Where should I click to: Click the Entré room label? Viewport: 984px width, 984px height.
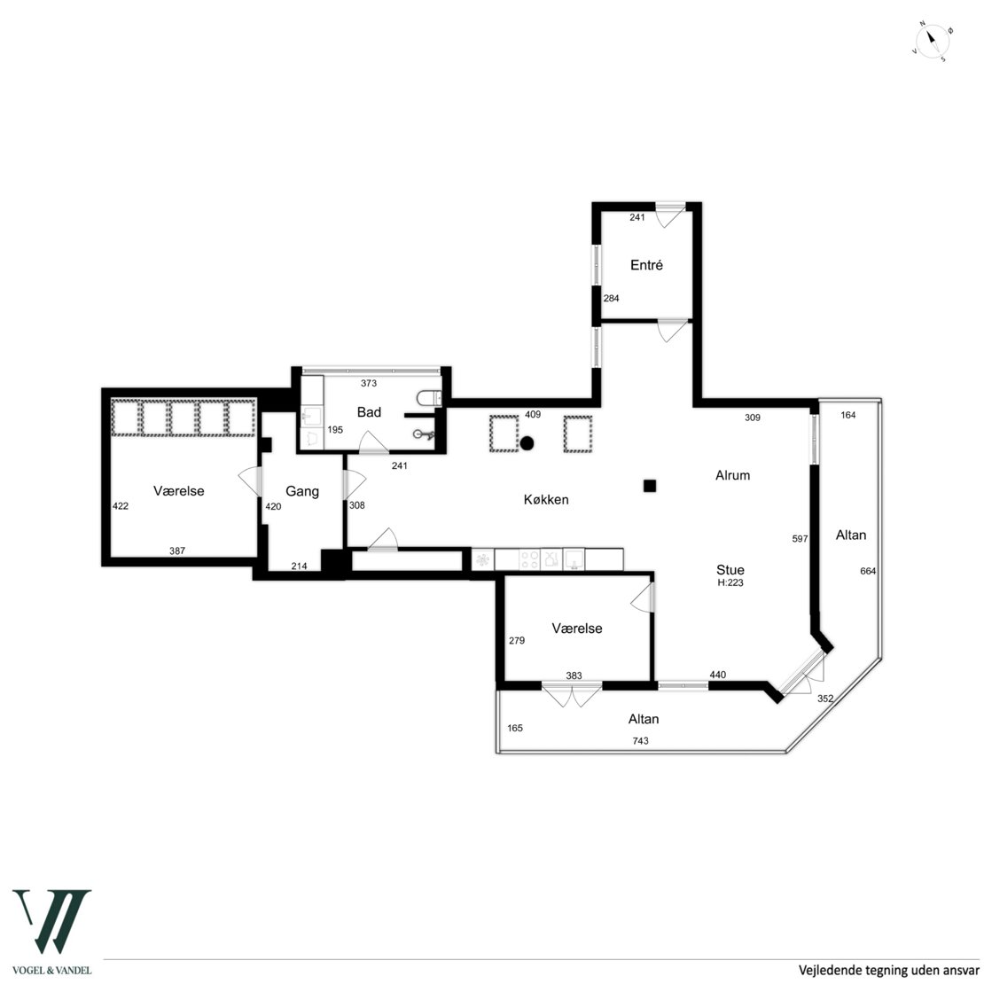(x=646, y=265)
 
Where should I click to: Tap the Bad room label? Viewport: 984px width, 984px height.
(x=369, y=411)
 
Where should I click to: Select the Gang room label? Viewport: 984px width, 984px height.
(x=302, y=491)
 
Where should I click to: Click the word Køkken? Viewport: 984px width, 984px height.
(x=546, y=499)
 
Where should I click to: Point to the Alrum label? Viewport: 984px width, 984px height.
(x=732, y=475)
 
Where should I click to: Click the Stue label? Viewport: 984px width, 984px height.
(x=730, y=570)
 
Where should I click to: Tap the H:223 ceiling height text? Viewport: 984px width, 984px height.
(x=730, y=583)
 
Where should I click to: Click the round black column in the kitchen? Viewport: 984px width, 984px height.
(x=527, y=443)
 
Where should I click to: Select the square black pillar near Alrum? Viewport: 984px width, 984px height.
(x=650, y=485)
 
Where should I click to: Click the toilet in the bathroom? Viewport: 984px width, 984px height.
(x=429, y=398)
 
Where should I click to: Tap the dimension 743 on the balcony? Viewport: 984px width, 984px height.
(x=640, y=740)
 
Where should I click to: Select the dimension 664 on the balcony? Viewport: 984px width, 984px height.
(x=868, y=571)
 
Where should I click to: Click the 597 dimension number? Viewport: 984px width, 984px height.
(x=800, y=538)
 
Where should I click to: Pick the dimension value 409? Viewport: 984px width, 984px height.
(x=532, y=414)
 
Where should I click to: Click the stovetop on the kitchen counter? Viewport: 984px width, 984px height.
(x=529, y=559)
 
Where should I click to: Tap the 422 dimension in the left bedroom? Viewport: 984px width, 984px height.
(x=120, y=506)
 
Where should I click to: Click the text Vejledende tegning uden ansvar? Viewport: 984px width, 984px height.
(x=888, y=970)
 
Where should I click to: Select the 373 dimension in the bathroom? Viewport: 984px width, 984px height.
(x=369, y=383)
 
